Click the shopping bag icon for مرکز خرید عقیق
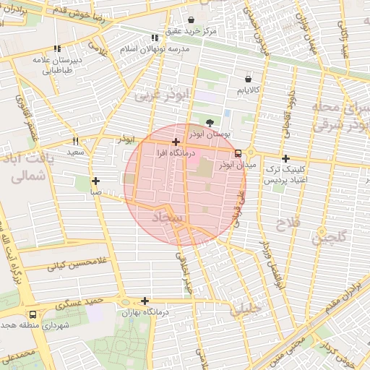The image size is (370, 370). click(191, 20)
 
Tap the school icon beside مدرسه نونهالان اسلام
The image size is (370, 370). click(154, 38)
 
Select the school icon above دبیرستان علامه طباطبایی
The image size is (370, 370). click(58, 49)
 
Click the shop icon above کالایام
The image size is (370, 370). click(249, 79)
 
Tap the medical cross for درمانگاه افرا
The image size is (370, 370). click(176, 142)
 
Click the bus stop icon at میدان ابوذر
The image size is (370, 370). click(238, 153)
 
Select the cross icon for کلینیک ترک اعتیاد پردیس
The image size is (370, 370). click(286, 158)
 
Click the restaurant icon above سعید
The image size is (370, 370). click(75, 142)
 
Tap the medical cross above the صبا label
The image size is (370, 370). click(95, 181)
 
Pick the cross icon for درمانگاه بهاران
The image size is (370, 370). click(145, 301)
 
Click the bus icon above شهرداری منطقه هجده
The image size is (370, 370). click(33, 315)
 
